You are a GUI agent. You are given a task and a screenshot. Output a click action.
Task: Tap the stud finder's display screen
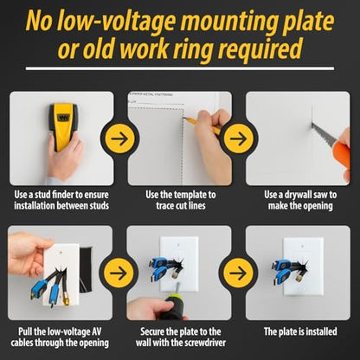tap(63, 118)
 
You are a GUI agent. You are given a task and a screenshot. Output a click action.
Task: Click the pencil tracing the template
tap(202, 125)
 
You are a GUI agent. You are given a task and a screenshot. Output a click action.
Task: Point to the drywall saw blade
tap(324, 133)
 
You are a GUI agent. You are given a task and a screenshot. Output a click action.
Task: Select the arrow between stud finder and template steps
tap(119, 138)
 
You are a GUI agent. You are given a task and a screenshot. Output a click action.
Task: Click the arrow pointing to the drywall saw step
tap(238, 138)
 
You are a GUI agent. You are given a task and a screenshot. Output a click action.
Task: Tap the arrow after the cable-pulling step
tap(119, 273)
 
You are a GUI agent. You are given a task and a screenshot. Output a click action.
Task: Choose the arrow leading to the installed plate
tap(238, 273)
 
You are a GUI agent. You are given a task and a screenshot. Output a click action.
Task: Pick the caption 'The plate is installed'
tap(300, 331)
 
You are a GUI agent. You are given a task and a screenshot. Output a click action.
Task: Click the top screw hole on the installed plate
tap(303, 247)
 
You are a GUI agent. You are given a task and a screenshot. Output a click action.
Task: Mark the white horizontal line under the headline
tap(180, 68)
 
